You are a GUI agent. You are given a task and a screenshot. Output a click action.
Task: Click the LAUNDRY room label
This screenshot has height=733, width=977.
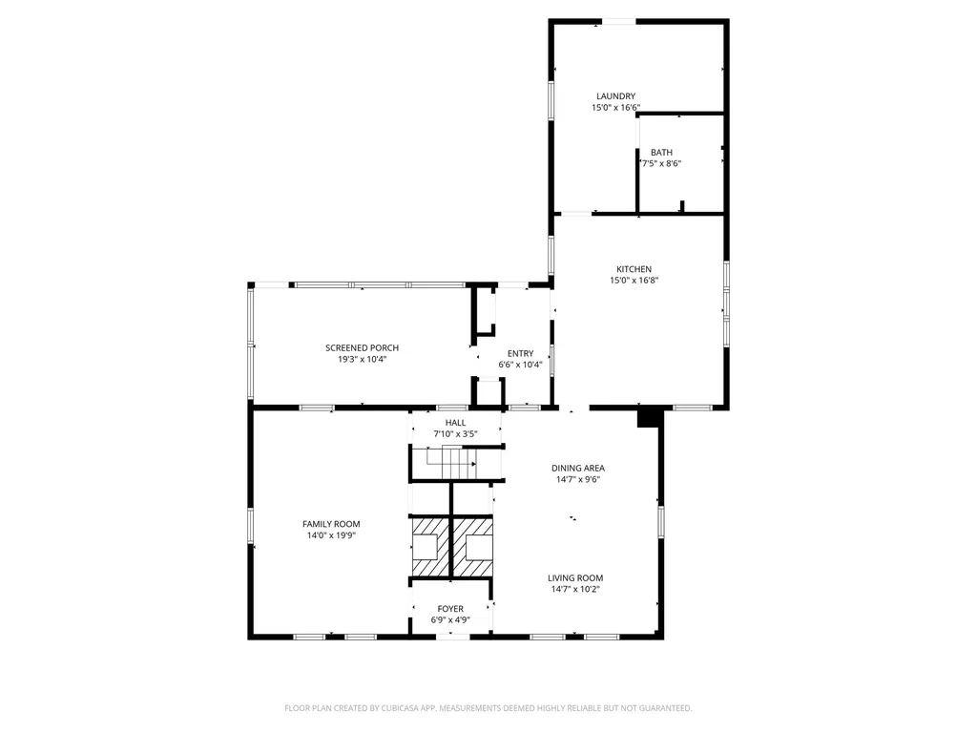[615, 96]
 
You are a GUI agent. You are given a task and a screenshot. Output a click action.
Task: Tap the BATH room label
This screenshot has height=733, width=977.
[661, 152]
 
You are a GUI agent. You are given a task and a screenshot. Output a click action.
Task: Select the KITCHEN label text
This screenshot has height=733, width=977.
[634, 269]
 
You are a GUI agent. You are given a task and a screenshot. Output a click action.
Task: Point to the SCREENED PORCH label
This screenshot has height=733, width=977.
[362, 347]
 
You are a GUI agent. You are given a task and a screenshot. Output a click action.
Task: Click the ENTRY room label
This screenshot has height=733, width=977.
[520, 353]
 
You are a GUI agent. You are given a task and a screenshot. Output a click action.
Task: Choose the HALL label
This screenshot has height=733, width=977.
[455, 423]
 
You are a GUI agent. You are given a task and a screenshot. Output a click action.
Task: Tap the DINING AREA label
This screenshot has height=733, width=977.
[577, 468]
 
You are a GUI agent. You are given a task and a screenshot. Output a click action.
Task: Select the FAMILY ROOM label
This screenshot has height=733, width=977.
[331, 524]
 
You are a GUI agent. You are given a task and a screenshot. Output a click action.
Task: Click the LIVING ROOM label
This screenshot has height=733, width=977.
[575, 577]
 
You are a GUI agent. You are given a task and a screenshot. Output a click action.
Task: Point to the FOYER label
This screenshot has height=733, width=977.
[450, 609]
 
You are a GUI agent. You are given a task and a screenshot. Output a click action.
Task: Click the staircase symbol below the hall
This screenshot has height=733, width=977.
[451, 464]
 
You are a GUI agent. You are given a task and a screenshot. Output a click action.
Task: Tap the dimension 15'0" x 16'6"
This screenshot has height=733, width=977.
[615, 107]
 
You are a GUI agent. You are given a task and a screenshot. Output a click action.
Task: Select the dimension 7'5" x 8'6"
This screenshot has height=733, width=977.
[661, 163]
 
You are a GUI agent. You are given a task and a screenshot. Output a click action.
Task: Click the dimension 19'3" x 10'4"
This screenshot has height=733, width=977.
[362, 359]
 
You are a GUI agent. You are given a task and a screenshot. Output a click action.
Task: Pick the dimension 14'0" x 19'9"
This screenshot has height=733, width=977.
[331, 535]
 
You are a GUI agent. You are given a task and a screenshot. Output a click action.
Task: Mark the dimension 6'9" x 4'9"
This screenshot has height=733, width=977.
[450, 620]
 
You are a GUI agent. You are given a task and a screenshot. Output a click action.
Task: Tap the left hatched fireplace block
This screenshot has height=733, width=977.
[429, 547]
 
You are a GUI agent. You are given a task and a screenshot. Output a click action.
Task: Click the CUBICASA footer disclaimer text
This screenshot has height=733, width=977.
[488, 708]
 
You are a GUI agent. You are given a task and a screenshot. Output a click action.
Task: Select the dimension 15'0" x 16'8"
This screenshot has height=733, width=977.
[634, 281]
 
